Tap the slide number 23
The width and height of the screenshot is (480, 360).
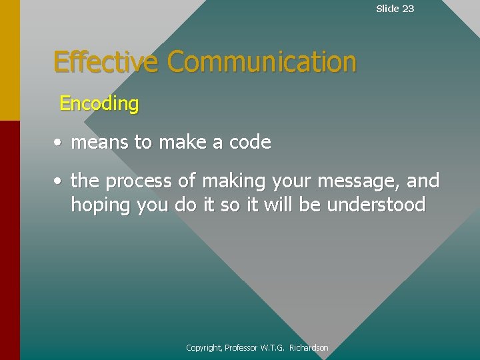tap(407, 9)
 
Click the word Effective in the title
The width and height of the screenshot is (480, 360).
tap(105, 62)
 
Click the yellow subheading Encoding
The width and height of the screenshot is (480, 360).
tap(99, 104)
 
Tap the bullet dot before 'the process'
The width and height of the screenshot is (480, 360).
tap(59, 181)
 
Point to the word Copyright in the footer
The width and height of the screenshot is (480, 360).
tap(204, 348)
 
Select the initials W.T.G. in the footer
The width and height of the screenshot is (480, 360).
tap(273, 348)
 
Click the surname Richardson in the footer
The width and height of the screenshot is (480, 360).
tap(309, 348)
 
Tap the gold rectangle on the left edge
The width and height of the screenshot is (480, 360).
tap(9, 60)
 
